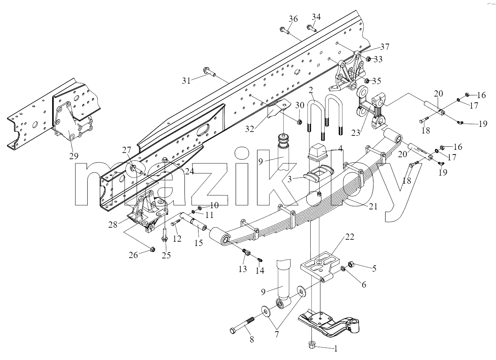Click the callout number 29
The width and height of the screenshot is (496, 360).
tap(74, 156)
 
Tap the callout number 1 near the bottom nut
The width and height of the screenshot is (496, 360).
tap(336, 349)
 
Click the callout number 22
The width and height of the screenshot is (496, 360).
tap(350, 237)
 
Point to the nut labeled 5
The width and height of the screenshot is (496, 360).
tap(351, 264)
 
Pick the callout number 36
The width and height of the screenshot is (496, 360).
tap(293, 19)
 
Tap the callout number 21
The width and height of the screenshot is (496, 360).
tap(373, 207)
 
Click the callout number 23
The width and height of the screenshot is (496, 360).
tap(356, 133)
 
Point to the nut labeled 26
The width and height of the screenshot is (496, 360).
tap(152, 249)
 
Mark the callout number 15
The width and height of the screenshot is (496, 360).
tap(199, 243)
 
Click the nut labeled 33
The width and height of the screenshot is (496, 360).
tap(368, 59)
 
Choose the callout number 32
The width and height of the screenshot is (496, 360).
tap(250, 129)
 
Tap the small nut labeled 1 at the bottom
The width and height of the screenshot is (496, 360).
tap(312, 345)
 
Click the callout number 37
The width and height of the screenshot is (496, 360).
tap(385, 47)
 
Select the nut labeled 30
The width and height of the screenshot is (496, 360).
tap(300, 121)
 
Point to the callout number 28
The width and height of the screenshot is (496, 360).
tap(113, 225)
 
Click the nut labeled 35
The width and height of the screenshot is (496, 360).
tap(366, 81)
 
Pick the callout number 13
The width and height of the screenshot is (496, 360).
tap(243, 269)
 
